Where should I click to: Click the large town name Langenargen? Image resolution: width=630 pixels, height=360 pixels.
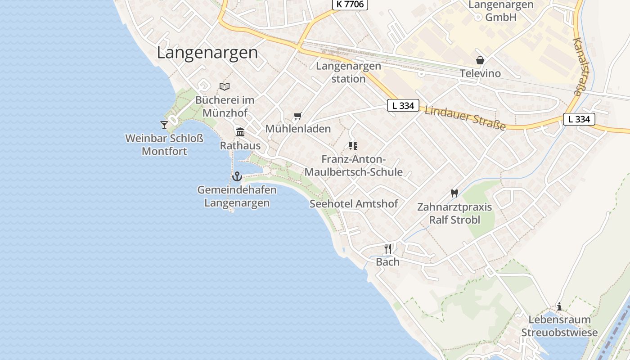point(207,53)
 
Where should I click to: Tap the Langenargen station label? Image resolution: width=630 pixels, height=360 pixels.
point(348,72)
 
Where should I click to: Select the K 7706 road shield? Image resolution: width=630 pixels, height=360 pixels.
point(350,4)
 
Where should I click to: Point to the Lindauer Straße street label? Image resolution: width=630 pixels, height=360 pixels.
point(465,118)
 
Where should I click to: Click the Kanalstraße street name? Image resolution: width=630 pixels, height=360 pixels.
point(578,67)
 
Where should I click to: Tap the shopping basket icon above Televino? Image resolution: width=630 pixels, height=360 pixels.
point(480,60)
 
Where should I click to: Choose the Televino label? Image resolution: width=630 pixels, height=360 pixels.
point(480,73)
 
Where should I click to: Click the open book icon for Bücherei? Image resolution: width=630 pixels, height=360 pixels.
point(225,86)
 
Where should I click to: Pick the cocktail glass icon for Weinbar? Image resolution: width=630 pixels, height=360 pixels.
point(164,125)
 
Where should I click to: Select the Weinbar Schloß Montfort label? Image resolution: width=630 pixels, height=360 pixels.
point(164,144)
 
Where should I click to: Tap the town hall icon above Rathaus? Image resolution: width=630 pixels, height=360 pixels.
point(240,132)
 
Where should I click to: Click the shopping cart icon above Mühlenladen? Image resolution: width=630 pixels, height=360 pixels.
point(297,116)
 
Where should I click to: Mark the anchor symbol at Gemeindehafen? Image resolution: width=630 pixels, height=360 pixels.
point(237,176)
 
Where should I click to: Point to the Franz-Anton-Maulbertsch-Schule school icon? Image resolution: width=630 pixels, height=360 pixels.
point(353,145)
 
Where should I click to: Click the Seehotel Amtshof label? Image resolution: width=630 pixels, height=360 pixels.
point(354,204)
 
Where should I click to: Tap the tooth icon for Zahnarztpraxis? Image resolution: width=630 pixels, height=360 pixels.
point(454,193)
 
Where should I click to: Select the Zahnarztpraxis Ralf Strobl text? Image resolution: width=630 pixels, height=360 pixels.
point(454,213)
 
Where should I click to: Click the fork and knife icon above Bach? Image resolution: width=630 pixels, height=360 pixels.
point(388,248)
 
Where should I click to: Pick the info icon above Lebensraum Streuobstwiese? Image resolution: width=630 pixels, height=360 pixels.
point(559,307)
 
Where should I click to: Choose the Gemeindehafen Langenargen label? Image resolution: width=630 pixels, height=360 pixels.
point(237,196)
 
